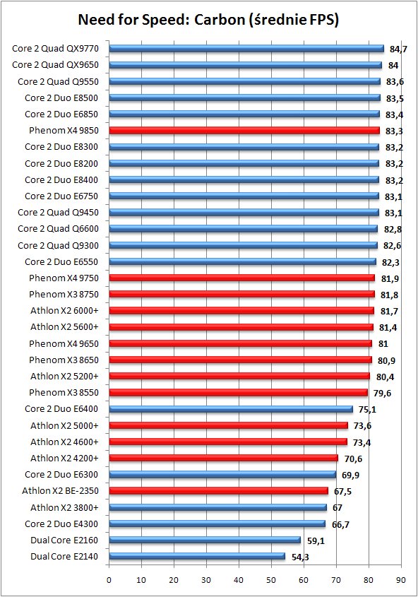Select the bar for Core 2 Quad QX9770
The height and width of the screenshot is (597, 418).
[246, 48]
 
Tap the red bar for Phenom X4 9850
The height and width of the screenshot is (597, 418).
[244, 131]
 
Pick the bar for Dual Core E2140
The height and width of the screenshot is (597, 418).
[197, 556]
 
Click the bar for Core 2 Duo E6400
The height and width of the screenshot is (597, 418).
[231, 409]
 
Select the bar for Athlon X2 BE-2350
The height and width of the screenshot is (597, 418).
[219, 491]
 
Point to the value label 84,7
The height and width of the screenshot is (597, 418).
[398, 49]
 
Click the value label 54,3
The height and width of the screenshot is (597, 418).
[300, 557]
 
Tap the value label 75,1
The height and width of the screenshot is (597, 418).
[367, 410]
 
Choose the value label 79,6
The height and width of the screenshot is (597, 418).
[382, 394]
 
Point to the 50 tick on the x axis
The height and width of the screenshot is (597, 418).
[271, 580]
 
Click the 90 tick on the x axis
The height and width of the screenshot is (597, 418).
[401, 580]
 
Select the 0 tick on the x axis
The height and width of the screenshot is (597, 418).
[109, 580]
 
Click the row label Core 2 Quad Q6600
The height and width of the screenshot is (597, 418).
[58, 229]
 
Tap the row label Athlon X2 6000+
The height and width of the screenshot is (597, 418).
[65, 311]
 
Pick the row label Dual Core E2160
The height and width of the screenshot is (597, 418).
[64, 540]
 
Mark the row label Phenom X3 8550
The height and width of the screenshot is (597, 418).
[64, 393]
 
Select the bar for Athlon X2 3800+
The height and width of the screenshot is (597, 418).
[218, 507]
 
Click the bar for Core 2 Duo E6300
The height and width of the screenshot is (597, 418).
[222, 474]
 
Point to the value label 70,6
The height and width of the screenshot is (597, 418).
[353, 459]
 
